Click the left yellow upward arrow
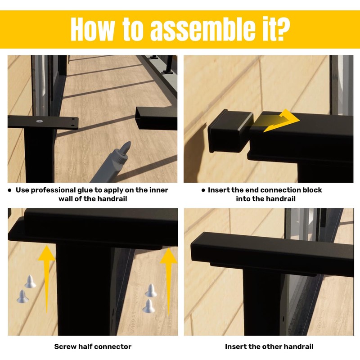tap(47, 279)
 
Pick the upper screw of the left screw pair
tap(30, 282)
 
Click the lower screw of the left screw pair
tap(22, 297)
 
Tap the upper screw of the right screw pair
tap(151, 290)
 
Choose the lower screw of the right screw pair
tap(148, 306)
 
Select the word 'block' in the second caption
tap(312, 190)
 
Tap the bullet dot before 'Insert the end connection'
tap(203, 190)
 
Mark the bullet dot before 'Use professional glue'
tap(9, 190)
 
